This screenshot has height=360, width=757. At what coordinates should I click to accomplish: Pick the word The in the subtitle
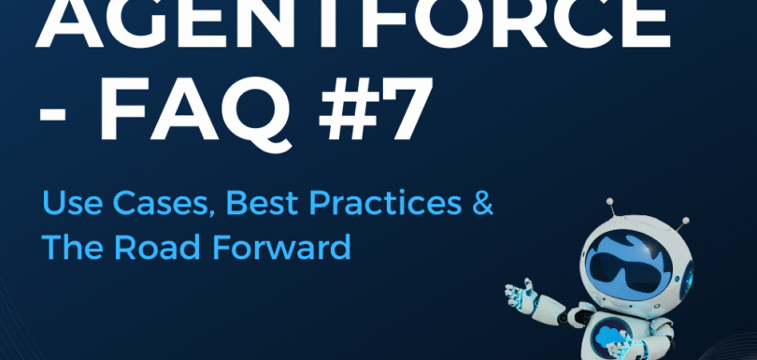click(x=69, y=249)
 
